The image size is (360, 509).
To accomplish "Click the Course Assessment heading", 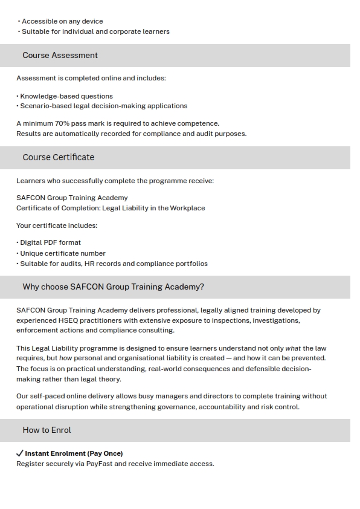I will tap(60, 56).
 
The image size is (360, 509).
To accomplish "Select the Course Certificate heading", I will tap(58, 158).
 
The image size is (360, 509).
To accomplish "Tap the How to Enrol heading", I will tap(47, 430).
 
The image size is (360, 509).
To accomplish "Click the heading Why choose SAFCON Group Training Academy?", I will tap(113, 287).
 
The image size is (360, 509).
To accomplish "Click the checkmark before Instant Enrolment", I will tap(19, 453).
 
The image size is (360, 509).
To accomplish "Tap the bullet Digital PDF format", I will tap(50, 242).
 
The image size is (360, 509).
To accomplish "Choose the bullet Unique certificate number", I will tap(62, 253).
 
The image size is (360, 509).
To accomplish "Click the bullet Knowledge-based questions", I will tap(66, 96).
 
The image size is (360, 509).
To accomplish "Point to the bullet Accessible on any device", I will tap(62, 21).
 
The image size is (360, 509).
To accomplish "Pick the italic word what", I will tap(293, 348).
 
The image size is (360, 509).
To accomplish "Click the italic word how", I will tap(66, 358).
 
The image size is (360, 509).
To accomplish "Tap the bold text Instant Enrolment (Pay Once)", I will tap(74, 453).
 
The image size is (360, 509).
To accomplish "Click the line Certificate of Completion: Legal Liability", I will tap(111, 208).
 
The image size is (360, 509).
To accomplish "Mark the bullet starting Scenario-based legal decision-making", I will tap(103, 106).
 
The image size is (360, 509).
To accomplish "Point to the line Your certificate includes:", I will tap(57, 225).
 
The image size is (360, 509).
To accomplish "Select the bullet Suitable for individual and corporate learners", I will tap(95, 31).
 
